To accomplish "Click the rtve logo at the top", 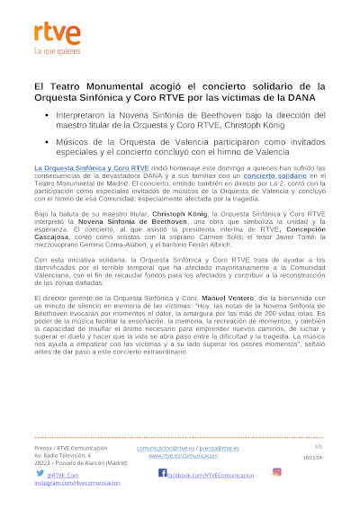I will [x=57, y=34].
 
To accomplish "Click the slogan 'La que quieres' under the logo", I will [x=56, y=52].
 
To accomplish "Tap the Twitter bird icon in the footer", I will [x=41, y=472].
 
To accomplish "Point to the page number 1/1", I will [x=318, y=446].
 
